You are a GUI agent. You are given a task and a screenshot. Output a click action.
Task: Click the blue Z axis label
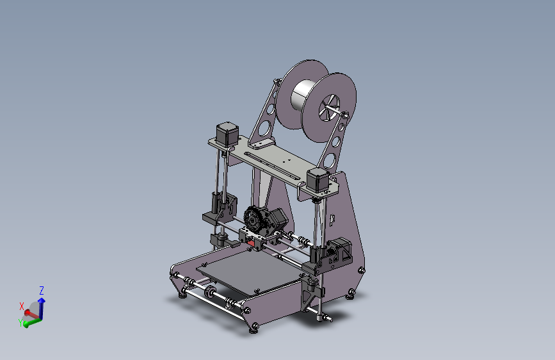pos(42,290)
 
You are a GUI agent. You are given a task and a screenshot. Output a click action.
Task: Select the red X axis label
pos(22,306)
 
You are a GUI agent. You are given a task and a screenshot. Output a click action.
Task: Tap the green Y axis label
pos(21,323)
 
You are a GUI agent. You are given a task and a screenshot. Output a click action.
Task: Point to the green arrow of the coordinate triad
pos(32,320)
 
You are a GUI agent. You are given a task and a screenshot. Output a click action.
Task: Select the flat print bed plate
pos(246,275)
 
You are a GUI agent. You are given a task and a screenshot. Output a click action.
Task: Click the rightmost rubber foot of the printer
pos(350,294)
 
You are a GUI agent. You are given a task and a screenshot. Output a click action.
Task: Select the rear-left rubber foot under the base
pos(183,294)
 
